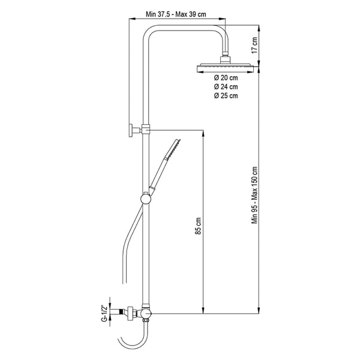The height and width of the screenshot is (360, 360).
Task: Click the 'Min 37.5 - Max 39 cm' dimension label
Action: click(x=176, y=14)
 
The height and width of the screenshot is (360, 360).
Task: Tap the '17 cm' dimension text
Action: click(x=254, y=45)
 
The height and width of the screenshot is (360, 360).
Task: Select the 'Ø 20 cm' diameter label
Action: click(x=226, y=78)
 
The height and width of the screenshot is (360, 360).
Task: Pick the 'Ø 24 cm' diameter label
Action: click(x=226, y=87)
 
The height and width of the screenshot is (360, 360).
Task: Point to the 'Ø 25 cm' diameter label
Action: click(x=226, y=95)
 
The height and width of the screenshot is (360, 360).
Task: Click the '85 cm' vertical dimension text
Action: click(x=198, y=226)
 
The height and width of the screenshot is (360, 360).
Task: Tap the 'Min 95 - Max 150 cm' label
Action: click(x=254, y=195)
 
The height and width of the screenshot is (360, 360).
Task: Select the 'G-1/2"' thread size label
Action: click(x=104, y=313)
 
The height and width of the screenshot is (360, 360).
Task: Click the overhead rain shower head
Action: click(x=225, y=68)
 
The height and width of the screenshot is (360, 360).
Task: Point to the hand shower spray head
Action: click(x=173, y=149)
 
